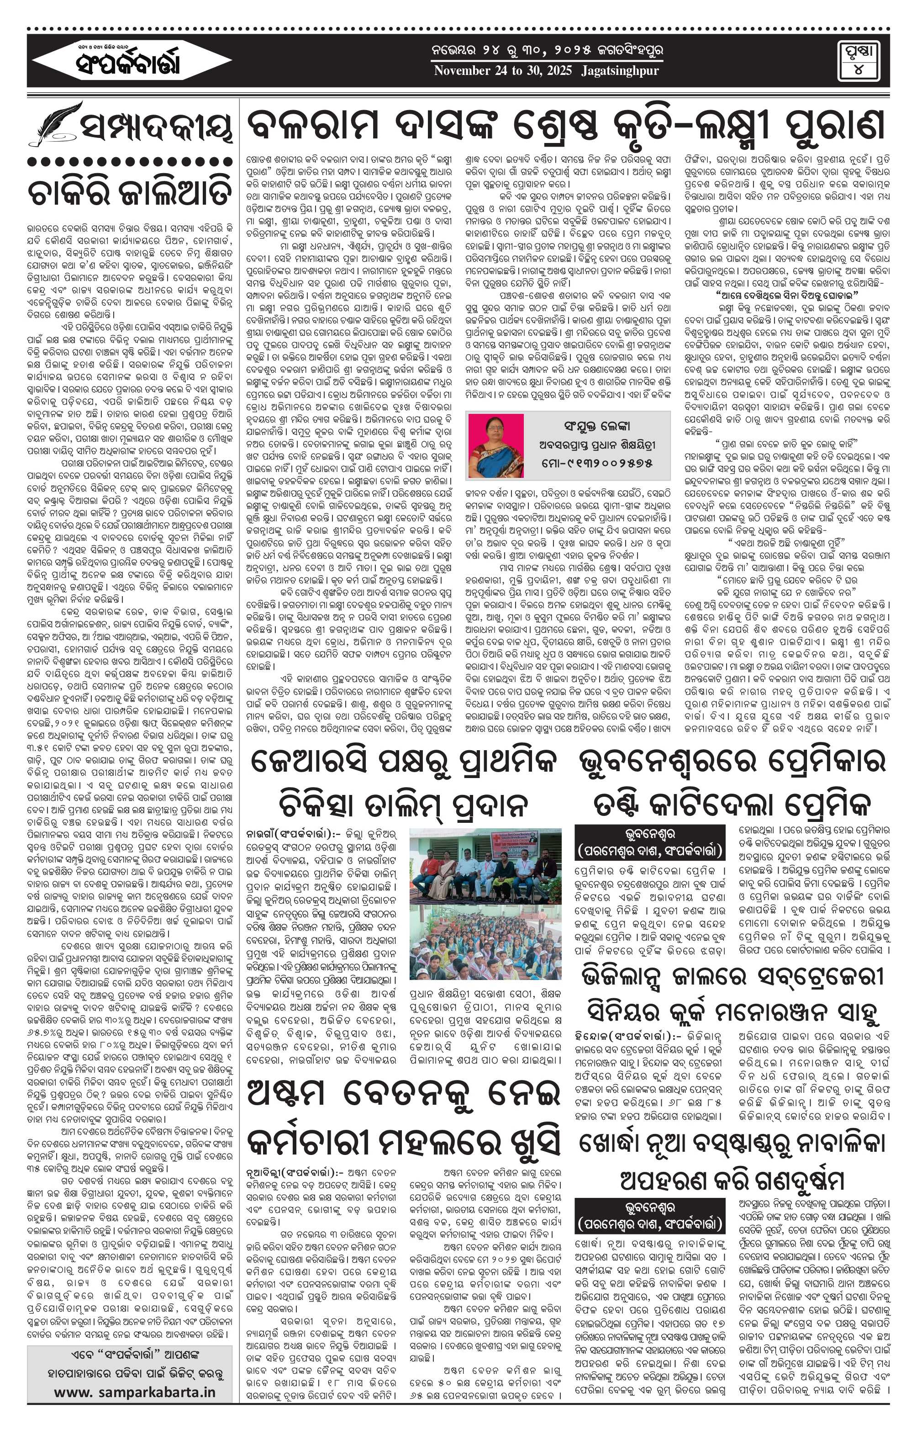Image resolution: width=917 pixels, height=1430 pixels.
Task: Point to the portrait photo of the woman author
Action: click(x=496, y=445)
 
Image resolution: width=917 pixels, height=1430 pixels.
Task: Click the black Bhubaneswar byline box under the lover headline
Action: click(x=649, y=841)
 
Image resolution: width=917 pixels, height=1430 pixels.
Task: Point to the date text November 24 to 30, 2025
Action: click(x=502, y=71)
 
